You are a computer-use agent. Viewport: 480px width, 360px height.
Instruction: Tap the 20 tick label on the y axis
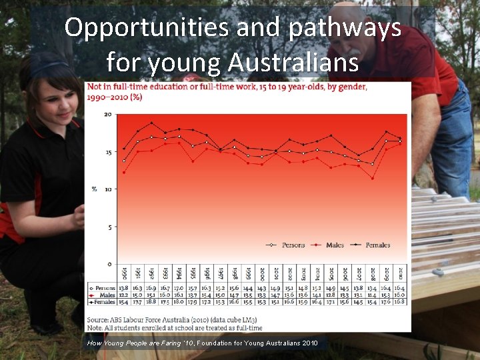(x=107, y=115)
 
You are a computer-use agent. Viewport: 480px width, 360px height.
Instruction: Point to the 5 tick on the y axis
(x=109, y=225)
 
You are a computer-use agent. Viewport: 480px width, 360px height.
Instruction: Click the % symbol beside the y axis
(x=94, y=189)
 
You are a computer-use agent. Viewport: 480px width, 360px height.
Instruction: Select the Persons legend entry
(x=293, y=245)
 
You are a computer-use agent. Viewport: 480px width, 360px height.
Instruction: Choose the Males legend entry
(x=335, y=245)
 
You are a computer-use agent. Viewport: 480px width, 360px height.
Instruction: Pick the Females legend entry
(x=377, y=245)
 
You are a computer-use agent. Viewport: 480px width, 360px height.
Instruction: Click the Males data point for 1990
(x=124, y=172)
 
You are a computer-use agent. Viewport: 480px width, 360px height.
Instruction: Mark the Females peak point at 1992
(x=151, y=123)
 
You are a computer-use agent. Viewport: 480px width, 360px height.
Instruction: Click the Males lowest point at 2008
(x=372, y=178)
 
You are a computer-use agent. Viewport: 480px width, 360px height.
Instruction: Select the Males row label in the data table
(x=105, y=295)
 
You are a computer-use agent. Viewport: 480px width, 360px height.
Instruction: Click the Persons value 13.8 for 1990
(x=124, y=287)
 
